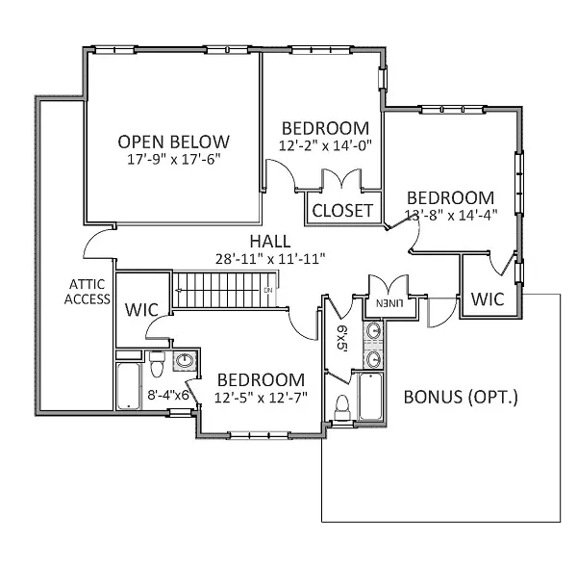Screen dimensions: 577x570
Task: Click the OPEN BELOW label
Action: tap(174, 142)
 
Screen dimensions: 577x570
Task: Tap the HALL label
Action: tap(270, 242)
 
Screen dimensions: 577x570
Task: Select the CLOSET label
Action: tap(342, 211)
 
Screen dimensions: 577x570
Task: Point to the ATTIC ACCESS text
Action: tap(88, 292)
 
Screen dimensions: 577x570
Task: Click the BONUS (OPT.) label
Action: tap(461, 398)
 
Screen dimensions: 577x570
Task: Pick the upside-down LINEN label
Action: tap(389, 303)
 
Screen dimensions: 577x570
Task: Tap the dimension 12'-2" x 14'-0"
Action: tap(326, 146)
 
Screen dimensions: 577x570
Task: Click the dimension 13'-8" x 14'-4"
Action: tap(451, 215)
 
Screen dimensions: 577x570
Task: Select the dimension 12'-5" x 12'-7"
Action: tap(261, 398)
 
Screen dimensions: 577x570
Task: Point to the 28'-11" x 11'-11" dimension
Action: tap(270, 259)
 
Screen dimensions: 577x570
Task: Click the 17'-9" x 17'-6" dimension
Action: tap(174, 159)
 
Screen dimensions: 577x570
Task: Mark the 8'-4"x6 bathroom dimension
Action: tap(168, 396)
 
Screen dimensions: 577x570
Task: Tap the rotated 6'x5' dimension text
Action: tap(341, 337)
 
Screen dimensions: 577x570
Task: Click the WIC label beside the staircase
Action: tap(141, 310)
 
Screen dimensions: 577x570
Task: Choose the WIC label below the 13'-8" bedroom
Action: tap(488, 299)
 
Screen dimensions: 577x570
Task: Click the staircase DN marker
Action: tap(268, 291)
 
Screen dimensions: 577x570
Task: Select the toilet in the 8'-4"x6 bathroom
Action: tap(157, 364)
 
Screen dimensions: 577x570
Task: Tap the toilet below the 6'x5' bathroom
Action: tap(342, 407)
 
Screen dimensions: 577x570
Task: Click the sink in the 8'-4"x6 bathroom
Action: tap(185, 361)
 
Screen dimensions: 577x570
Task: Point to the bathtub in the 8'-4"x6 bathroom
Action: tap(129, 386)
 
